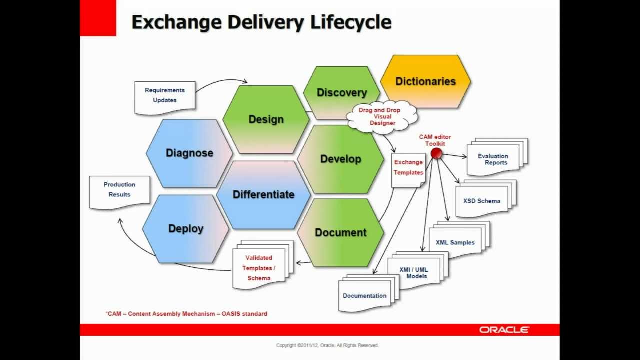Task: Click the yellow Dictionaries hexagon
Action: coord(425,81)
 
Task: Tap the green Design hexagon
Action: coord(266,119)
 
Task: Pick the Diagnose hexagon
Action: coord(189,153)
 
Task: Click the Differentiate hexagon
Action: coord(263,195)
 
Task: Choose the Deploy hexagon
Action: coord(186,229)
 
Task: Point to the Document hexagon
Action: coord(341,233)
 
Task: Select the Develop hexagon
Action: coord(341,159)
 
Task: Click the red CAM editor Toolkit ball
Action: coord(436,153)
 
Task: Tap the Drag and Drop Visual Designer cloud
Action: coord(382,116)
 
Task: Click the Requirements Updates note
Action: coord(165,98)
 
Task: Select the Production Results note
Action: coord(119,192)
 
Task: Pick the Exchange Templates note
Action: coord(408,170)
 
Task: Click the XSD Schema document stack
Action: coord(486,199)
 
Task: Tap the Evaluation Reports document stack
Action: coord(497,157)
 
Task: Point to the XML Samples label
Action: coord(455,242)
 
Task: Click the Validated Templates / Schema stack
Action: coord(263,265)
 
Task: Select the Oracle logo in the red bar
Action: coord(504,330)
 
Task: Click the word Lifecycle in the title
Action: coord(351,22)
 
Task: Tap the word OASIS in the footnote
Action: coord(231,313)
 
